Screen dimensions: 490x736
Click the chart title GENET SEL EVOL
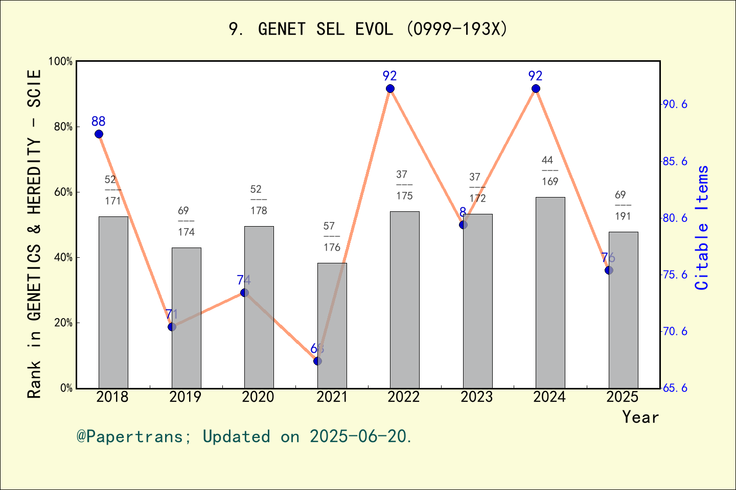pos(368,29)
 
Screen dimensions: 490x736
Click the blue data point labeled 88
pos(99,134)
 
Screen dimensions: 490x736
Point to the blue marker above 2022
pos(390,89)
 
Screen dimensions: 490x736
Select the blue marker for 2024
pos(536,89)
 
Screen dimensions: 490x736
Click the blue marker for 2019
pos(172,327)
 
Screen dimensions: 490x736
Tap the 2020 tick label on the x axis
pos(258,397)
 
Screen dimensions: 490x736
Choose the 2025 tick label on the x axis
pos(622,397)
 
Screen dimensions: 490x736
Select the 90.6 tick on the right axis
pos(675,104)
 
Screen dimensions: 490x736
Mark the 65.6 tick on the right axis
pos(675,388)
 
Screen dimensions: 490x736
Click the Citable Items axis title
pos(702,227)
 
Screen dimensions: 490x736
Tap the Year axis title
pos(640,417)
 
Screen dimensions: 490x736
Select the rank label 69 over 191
pos(623,206)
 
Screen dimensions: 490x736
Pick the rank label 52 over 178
pos(259,200)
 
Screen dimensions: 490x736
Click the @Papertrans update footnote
pos(244,437)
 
